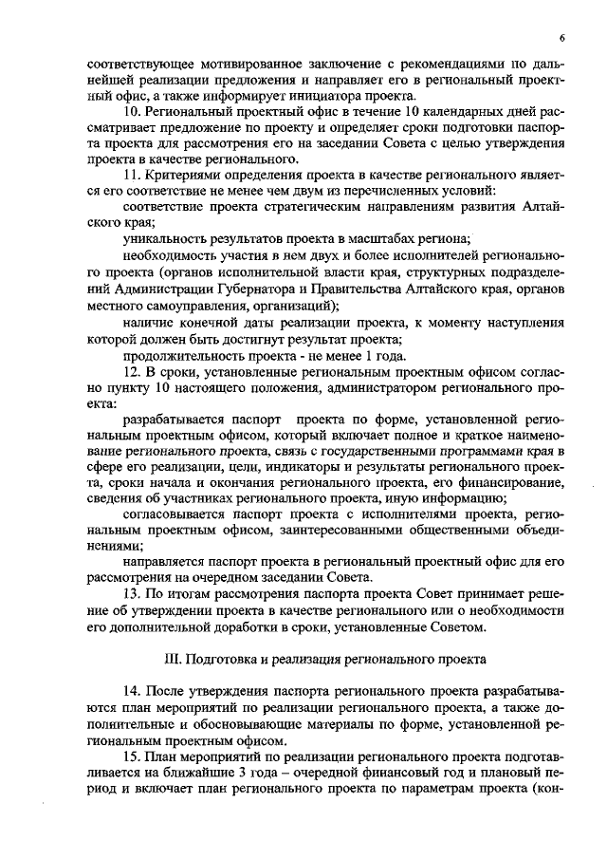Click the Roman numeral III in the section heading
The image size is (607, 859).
(173, 657)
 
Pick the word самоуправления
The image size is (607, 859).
(186, 307)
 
